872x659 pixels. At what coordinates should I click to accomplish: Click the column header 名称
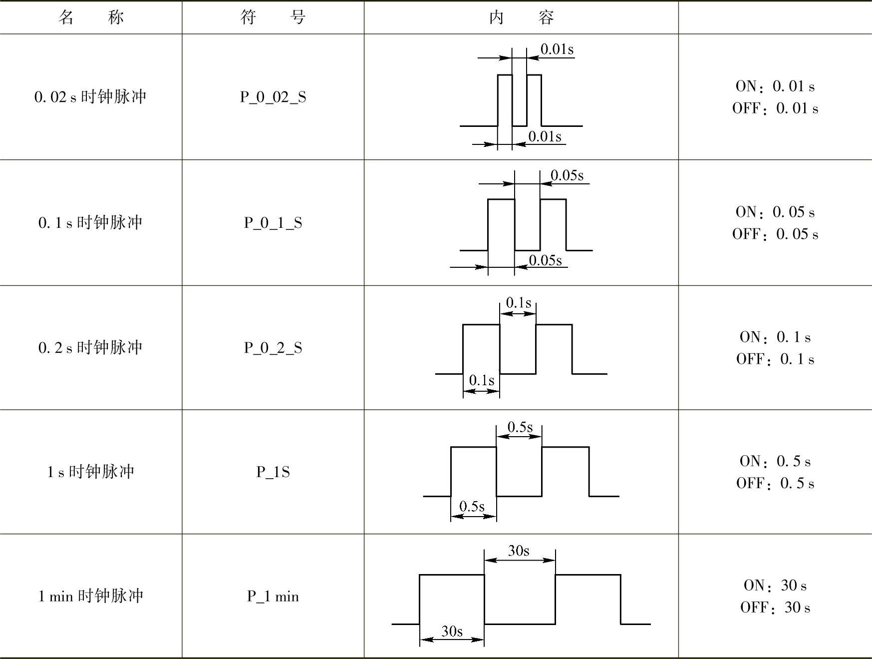pos(91,17)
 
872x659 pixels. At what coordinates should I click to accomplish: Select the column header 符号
pos(273,17)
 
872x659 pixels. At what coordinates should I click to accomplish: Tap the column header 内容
pos(521,17)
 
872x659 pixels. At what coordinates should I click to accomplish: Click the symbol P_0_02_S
pos(273,97)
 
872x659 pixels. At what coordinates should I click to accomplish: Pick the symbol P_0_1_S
pos(273,223)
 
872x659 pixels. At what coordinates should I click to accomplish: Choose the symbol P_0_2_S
pos(273,348)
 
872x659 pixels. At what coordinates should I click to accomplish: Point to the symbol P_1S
pos(273,472)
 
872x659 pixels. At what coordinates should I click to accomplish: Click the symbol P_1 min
pos(273,596)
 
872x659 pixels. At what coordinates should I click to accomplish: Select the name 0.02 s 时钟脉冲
pos(90,96)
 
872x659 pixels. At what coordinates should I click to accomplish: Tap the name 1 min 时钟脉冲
pos(90,596)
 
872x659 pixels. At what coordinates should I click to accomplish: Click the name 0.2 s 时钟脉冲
pos(90,347)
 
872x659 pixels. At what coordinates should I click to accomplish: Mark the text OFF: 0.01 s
pos(775,108)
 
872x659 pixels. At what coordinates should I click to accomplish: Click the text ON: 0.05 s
pos(775,212)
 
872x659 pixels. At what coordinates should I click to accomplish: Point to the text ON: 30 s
pos(775,586)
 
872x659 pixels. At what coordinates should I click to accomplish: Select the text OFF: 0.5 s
pos(775,483)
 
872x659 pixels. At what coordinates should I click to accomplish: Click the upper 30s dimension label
pos(519,551)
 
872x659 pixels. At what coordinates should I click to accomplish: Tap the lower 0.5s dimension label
pos(472,506)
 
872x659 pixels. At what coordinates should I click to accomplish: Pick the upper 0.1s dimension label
pos(518,303)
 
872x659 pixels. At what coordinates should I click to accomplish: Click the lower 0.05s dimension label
pos(545,260)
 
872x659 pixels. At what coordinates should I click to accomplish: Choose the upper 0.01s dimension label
pos(557,49)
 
